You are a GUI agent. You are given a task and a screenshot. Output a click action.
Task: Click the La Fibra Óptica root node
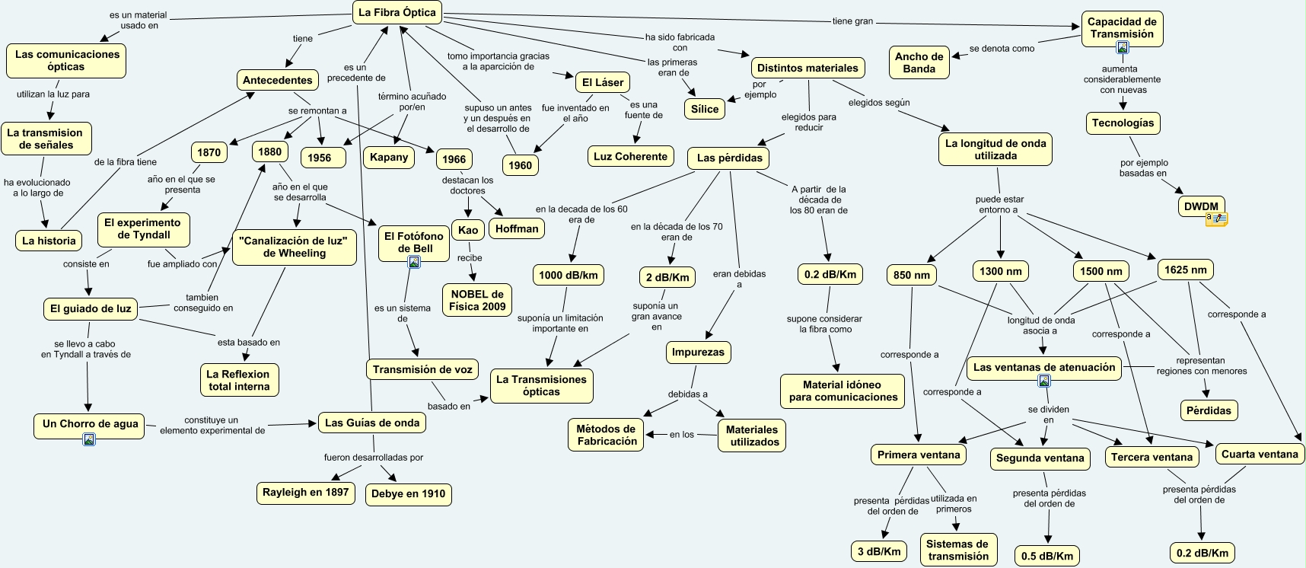397,13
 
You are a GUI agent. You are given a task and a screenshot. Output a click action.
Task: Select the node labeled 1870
209,152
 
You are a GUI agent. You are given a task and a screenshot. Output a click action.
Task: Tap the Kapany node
389,158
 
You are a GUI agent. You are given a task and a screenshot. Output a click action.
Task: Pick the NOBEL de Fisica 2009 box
477,300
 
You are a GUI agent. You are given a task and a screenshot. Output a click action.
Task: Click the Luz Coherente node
630,157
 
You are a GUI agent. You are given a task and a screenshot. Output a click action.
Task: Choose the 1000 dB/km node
569,276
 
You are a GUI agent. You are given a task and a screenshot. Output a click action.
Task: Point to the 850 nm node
912,276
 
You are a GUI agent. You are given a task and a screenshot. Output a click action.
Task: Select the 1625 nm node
1185,270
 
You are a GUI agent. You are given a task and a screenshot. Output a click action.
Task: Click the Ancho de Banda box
919,62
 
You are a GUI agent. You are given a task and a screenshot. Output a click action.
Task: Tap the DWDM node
1201,206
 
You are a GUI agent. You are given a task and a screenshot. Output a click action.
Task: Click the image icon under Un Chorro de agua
89,439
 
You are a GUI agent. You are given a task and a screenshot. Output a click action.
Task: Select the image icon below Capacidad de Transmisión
1122,47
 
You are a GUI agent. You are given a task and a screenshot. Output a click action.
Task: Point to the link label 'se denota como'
1002,49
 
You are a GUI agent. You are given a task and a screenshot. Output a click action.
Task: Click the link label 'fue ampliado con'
182,264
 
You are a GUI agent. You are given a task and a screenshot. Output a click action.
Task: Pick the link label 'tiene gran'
852,21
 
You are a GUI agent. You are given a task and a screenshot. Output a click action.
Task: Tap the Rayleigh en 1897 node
305,493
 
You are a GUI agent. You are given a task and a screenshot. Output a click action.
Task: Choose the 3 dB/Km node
879,552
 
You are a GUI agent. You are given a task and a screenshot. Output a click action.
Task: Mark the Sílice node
705,109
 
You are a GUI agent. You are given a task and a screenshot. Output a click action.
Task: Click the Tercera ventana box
1152,458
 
